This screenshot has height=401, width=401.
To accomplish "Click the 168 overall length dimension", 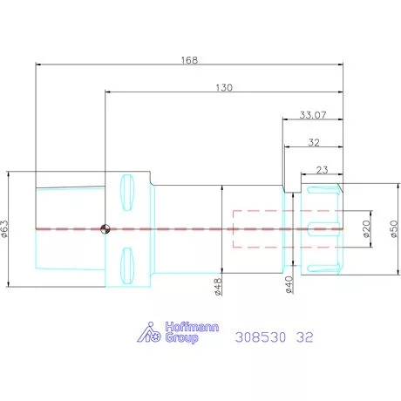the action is tap(189, 60).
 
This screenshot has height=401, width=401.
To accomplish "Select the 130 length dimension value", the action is tap(224, 88).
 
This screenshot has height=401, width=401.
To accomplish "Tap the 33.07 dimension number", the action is tap(313, 115).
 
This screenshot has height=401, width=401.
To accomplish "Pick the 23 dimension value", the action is tap(322, 170).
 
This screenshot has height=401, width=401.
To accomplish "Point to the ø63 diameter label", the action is tap(5, 229).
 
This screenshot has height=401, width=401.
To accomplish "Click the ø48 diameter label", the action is tap(218, 287).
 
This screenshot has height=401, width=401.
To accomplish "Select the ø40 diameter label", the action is tap(289, 284).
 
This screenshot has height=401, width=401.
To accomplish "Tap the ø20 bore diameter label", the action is tap(367, 229).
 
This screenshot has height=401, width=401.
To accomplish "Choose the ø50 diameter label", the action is tap(394, 229).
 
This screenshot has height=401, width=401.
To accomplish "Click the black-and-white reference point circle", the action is tap(105, 229).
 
